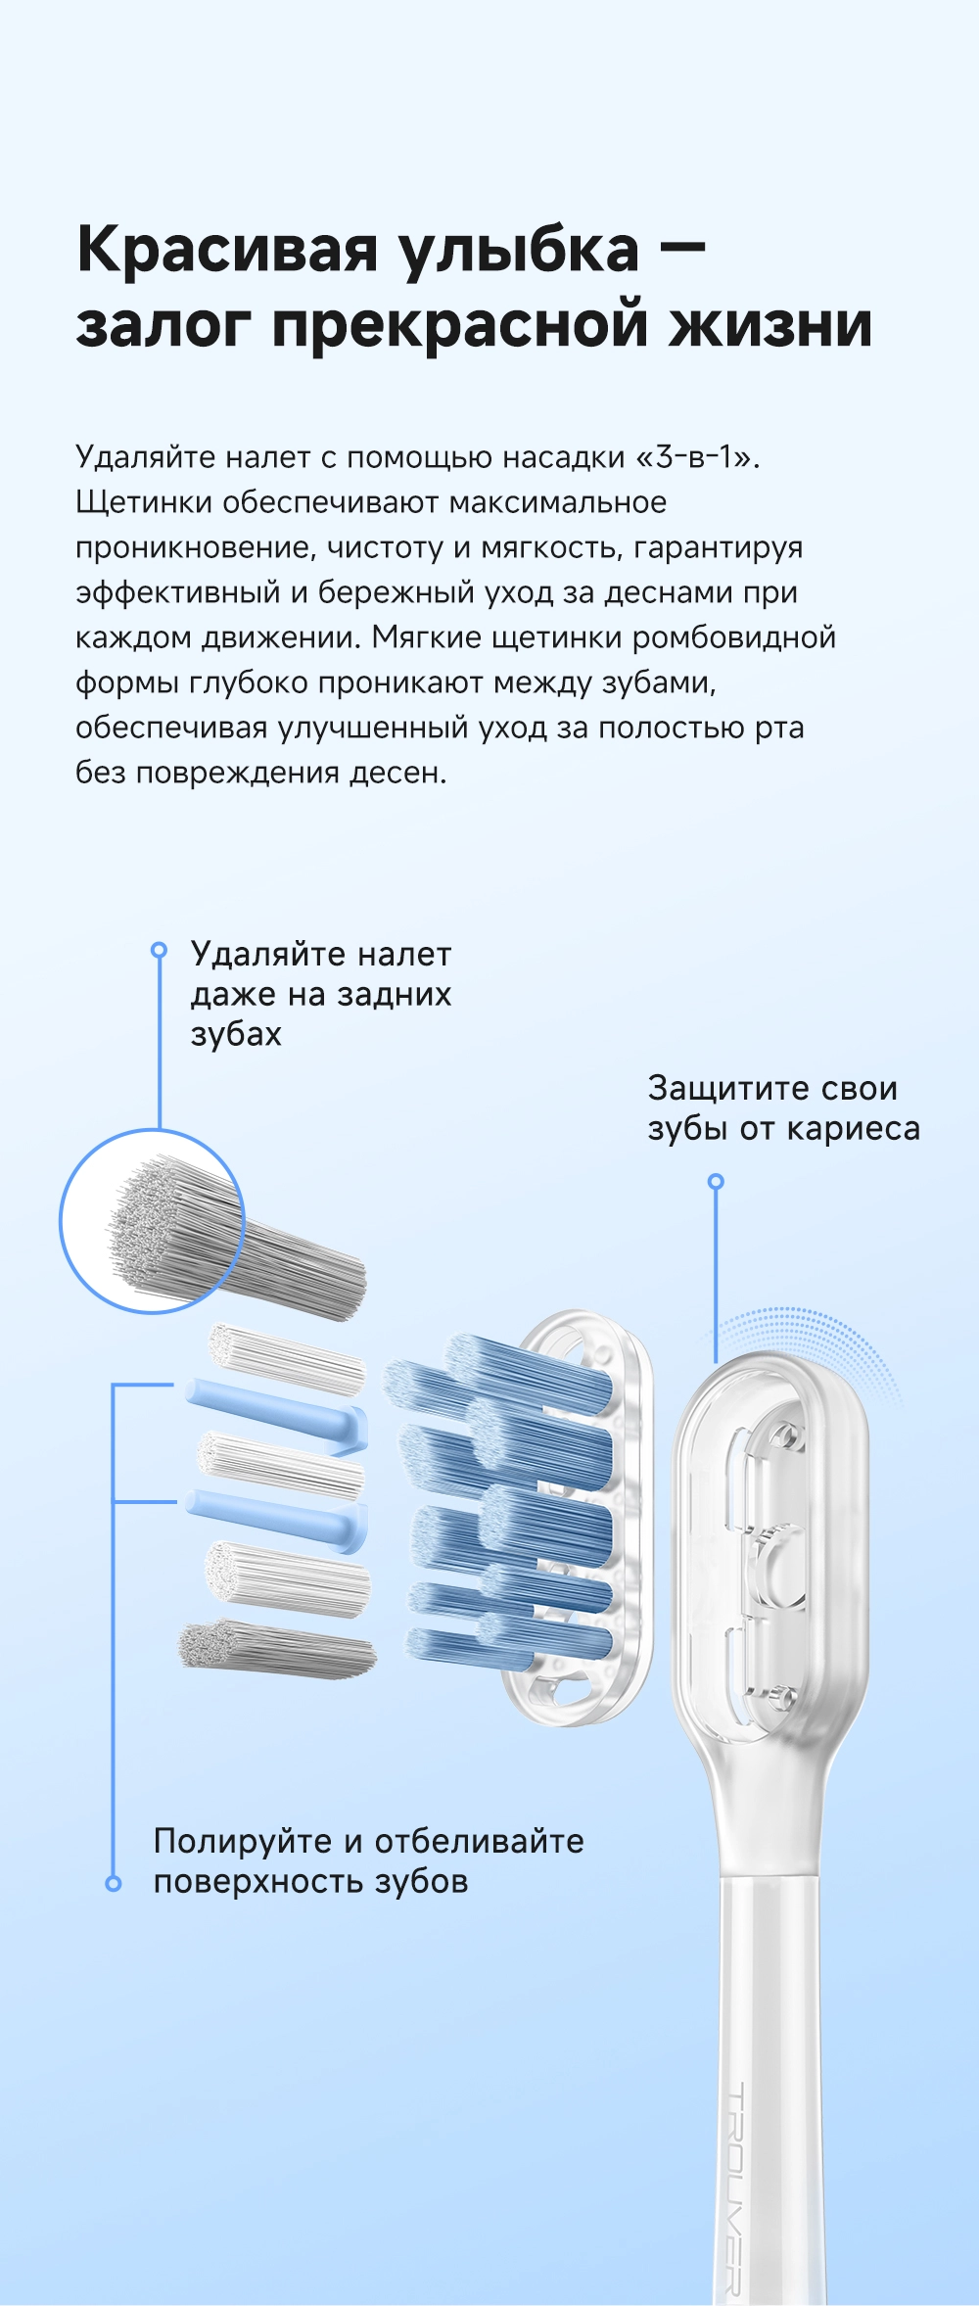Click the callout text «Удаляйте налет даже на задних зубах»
321,994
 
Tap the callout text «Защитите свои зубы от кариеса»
783,1107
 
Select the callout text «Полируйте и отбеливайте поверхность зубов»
369,1860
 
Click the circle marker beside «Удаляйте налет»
159,950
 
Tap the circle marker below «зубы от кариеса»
716,1182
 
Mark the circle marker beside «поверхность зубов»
114,1883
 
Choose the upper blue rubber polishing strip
277,1413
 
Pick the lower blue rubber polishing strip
277,1520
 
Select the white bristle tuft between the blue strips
281,1466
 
